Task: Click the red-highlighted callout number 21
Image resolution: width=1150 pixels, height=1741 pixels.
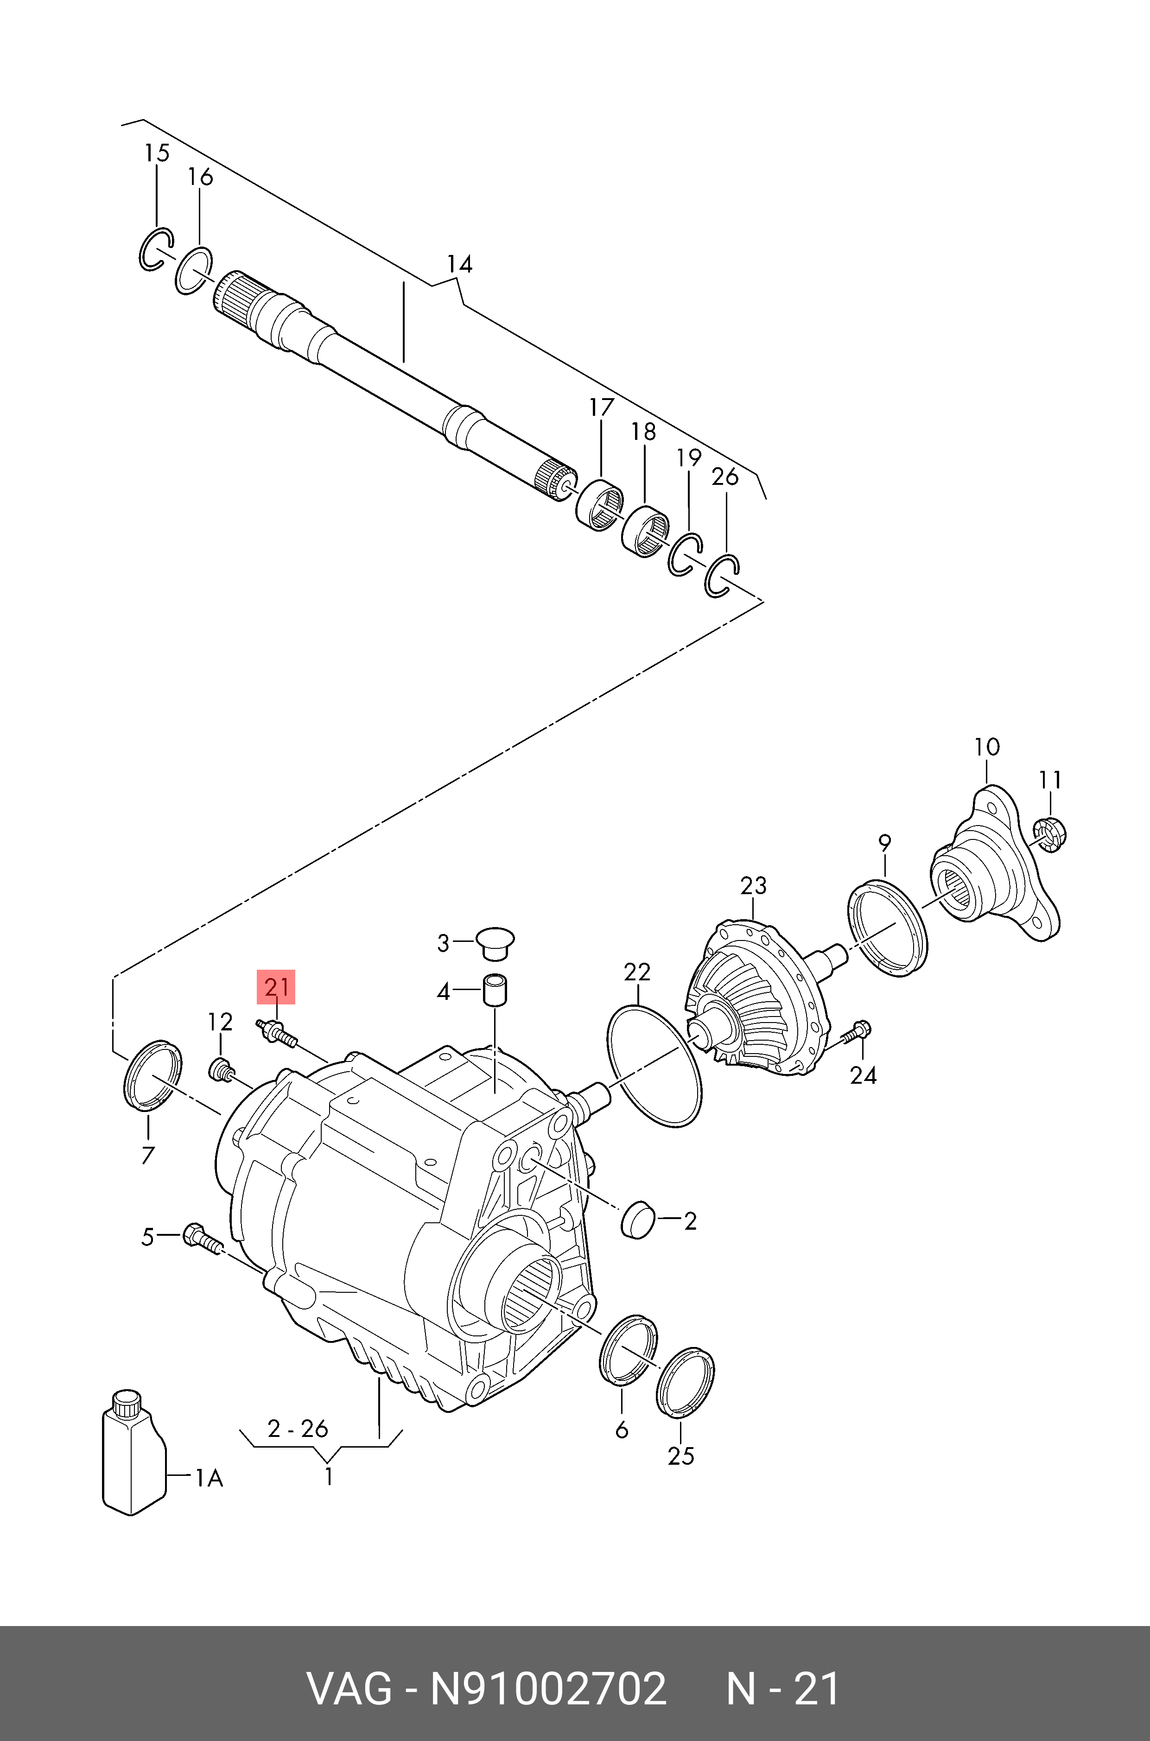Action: coord(276,987)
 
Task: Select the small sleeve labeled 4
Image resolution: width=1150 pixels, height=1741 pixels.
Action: coord(495,991)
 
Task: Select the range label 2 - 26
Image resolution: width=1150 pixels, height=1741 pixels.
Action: coord(298,1429)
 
